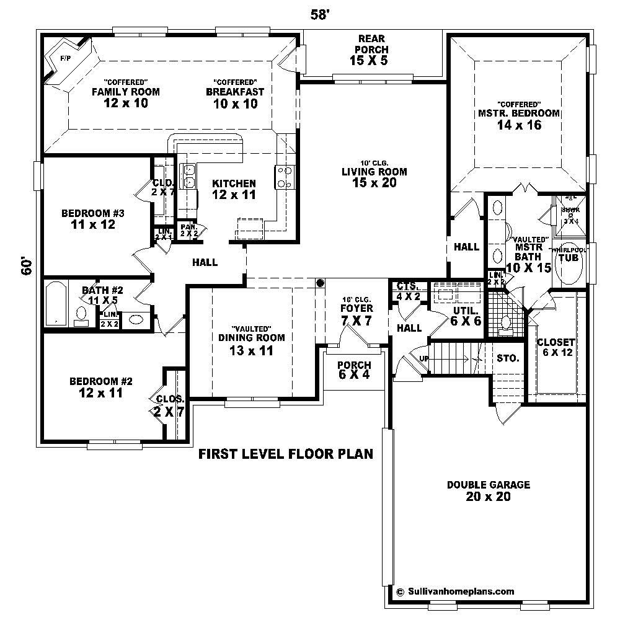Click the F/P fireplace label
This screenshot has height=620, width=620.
point(64,58)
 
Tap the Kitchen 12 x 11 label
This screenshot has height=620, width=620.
point(234,189)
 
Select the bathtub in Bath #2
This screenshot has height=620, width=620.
point(56,303)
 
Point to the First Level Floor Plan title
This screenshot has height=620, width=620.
point(285,454)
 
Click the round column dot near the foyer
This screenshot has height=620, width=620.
point(321,283)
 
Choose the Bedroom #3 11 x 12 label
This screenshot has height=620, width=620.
point(93,219)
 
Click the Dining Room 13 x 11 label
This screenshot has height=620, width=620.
point(251,343)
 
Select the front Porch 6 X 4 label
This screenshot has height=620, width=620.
point(354,370)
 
